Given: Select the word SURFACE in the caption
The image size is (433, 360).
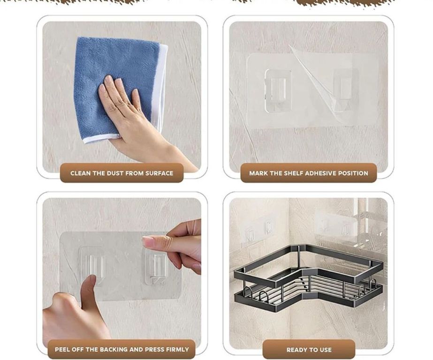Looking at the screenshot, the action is click(x=160, y=173).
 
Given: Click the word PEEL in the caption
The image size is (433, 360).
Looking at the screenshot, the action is click(x=62, y=350).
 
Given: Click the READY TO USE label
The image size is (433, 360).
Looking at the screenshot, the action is click(x=309, y=350).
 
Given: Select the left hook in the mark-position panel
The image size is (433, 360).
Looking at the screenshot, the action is click(x=278, y=90).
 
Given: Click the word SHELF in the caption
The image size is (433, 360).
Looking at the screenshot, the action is click(x=293, y=173).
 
